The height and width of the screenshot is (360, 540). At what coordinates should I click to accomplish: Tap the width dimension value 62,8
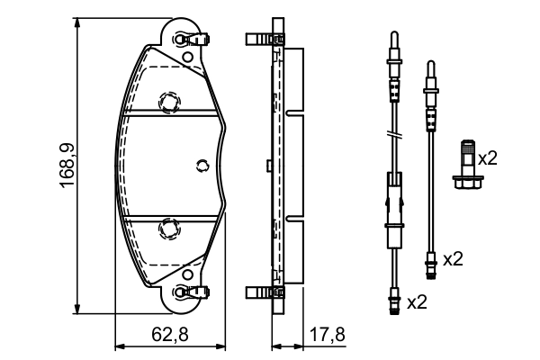(x=169, y=335)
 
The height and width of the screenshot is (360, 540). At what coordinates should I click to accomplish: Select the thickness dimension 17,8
(x=326, y=335)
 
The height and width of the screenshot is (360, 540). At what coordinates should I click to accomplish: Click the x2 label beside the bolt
(x=487, y=158)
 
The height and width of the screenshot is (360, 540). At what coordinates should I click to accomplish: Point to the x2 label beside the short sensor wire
(x=453, y=259)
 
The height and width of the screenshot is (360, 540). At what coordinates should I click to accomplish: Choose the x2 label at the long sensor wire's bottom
(x=417, y=301)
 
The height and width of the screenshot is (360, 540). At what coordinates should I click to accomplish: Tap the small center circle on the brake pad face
(x=202, y=165)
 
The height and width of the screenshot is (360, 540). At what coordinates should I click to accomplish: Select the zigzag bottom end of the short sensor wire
(x=431, y=263)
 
